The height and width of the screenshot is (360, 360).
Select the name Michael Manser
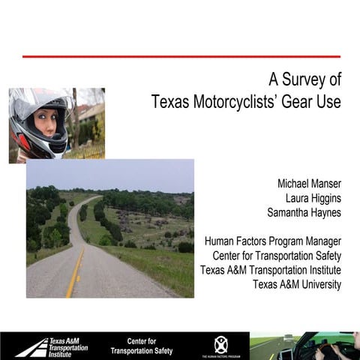coord(309,183)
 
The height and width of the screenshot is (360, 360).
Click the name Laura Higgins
coord(313,197)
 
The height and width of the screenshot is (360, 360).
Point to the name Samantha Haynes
coord(304,212)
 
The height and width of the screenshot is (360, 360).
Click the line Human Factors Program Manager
coord(273,241)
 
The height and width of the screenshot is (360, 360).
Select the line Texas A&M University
coord(297,284)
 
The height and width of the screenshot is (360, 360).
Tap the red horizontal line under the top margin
coord(181,56)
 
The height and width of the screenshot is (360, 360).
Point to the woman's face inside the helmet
coord(46,122)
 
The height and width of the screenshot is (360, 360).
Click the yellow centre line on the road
coord(74,277)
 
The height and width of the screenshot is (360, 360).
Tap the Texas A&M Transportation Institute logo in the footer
coord(52,346)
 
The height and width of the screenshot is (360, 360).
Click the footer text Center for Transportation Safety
coord(141,346)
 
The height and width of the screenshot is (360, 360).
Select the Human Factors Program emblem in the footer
coord(220,345)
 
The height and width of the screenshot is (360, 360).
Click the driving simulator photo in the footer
coord(304,346)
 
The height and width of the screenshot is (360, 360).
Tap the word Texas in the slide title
coord(169,102)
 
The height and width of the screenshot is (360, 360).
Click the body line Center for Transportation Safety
coord(277,256)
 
